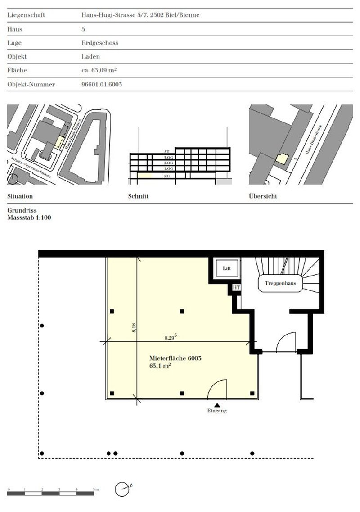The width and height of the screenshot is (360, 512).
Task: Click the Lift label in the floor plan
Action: click(x=227, y=268)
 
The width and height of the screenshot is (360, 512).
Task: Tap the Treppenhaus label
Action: click(x=279, y=283)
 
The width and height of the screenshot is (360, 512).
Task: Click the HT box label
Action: click(x=236, y=287)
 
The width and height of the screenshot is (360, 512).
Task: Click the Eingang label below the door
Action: click(x=217, y=411)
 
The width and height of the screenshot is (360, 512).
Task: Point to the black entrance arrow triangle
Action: click(x=217, y=405)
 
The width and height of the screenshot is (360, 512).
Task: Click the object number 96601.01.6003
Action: click(x=99, y=84)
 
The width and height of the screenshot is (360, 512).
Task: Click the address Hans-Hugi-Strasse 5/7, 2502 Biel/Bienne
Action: click(x=137, y=15)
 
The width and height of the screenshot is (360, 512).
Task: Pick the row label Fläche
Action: click(x=17, y=70)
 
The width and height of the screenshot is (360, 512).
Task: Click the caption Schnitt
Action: click(x=138, y=196)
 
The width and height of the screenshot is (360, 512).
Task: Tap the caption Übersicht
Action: click(x=263, y=196)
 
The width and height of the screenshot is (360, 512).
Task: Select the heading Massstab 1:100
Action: click(x=30, y=217)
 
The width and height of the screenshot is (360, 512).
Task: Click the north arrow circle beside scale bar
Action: click(x=121, y=489)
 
